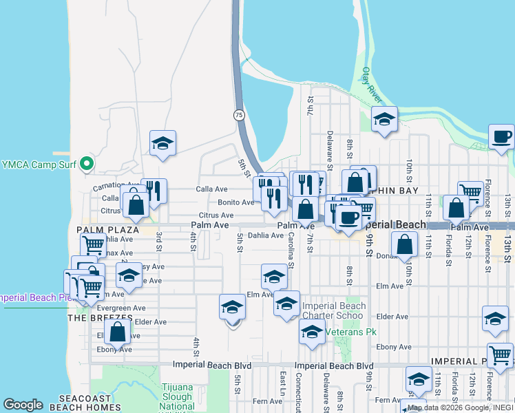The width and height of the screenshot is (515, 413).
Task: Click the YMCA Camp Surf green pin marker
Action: (87, 164)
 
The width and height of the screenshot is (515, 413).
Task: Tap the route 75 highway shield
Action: (238, 115)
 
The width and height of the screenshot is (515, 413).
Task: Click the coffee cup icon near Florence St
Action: (501, 136)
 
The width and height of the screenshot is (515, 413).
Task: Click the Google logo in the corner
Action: (23, 405)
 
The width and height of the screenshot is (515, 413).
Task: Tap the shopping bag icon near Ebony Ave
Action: (118, 332)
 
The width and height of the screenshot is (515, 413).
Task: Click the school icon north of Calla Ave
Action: (162, 143)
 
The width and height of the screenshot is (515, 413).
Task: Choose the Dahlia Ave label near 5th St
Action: (265, 235)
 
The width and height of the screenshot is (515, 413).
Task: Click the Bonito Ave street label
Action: (235, 202)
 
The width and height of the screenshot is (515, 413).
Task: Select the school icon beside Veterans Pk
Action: (312, 332)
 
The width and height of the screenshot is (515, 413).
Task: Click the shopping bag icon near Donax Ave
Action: (405, 243)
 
